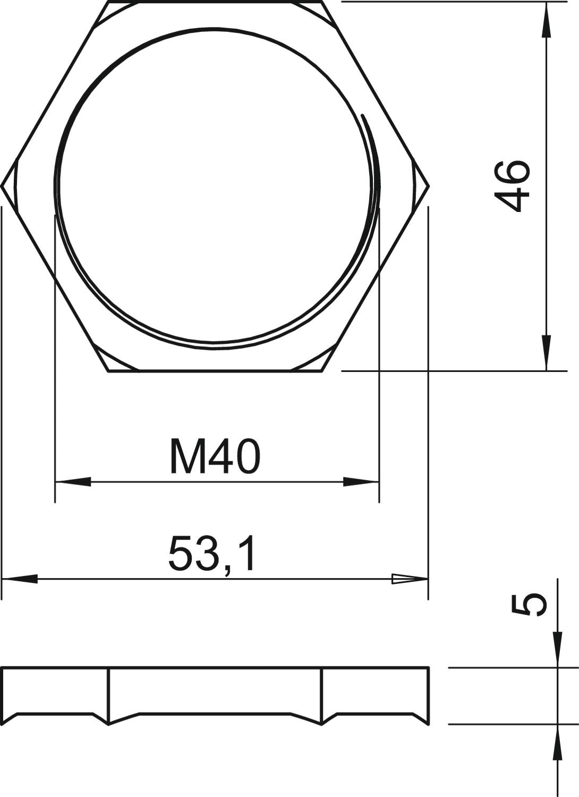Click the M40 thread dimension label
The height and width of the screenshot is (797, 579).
click(216, 456)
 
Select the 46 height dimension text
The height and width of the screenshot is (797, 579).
click(512, 186)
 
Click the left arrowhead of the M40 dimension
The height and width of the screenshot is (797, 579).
click(73, 482)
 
